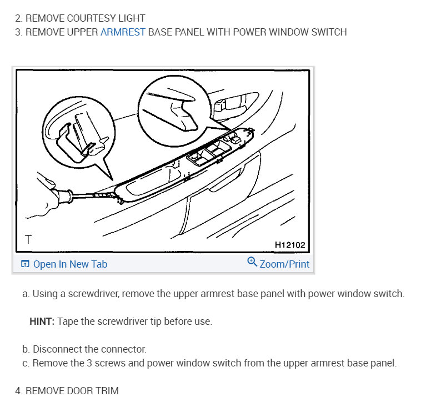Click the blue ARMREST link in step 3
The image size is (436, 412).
(123, 32)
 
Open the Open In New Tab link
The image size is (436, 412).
(70, 264)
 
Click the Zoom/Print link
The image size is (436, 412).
(284, 264)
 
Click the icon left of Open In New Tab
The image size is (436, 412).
(24, 264)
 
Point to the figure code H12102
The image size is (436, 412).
(289, 245)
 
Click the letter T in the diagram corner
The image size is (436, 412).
(28, 240)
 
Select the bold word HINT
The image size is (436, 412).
(42, 321)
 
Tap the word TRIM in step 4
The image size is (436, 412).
(107, 391)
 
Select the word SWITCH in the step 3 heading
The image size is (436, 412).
(328, 32)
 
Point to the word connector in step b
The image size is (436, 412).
(124, 349)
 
